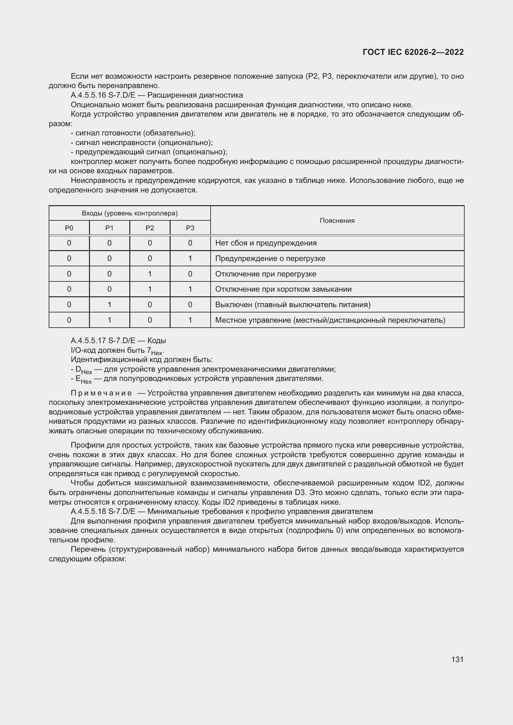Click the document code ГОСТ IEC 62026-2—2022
[413, 52]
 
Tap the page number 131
[457, 659]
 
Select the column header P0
[69, 228]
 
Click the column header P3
[190, 228]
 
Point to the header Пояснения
[337, 220]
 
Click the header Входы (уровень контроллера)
[130, 213]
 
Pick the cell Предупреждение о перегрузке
[270, 258]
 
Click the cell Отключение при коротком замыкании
[283, 289]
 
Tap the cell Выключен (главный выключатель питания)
[292, 304]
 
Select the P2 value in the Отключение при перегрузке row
[150, 274]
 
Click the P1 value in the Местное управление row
[109, 320]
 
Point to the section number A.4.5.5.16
[88, 95]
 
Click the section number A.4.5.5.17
[88, 340]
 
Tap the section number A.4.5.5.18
[88, 511]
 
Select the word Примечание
[101, 393]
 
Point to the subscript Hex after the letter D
[87, 372]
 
